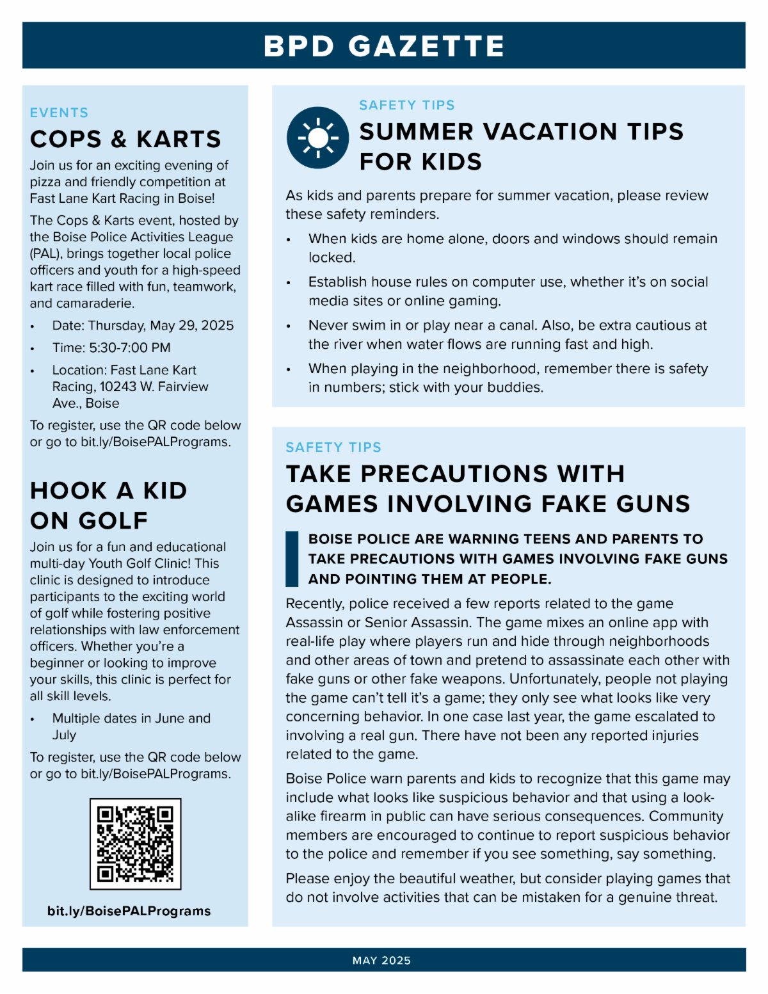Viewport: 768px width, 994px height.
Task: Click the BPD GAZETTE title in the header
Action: point(384,46)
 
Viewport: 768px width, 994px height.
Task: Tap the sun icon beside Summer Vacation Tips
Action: point(317,138)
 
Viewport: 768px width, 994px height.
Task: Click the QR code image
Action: point(135,844)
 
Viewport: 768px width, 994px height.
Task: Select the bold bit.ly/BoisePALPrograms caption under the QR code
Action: point(129,911)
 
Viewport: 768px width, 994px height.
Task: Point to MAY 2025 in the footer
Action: point(381,960)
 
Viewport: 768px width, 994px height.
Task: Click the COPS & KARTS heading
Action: point(125,140)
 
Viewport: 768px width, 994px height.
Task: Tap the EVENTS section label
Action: point(59,113)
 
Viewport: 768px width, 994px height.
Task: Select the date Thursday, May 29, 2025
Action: point(161,326)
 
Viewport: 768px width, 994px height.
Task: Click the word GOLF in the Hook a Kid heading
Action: point(113,521)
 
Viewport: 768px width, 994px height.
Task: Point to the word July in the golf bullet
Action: point(64,735)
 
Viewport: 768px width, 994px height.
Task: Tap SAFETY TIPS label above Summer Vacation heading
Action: point(406,105)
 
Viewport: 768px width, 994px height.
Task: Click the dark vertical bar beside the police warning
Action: point(292,559)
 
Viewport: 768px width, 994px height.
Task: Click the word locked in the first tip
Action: point(330,258)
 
